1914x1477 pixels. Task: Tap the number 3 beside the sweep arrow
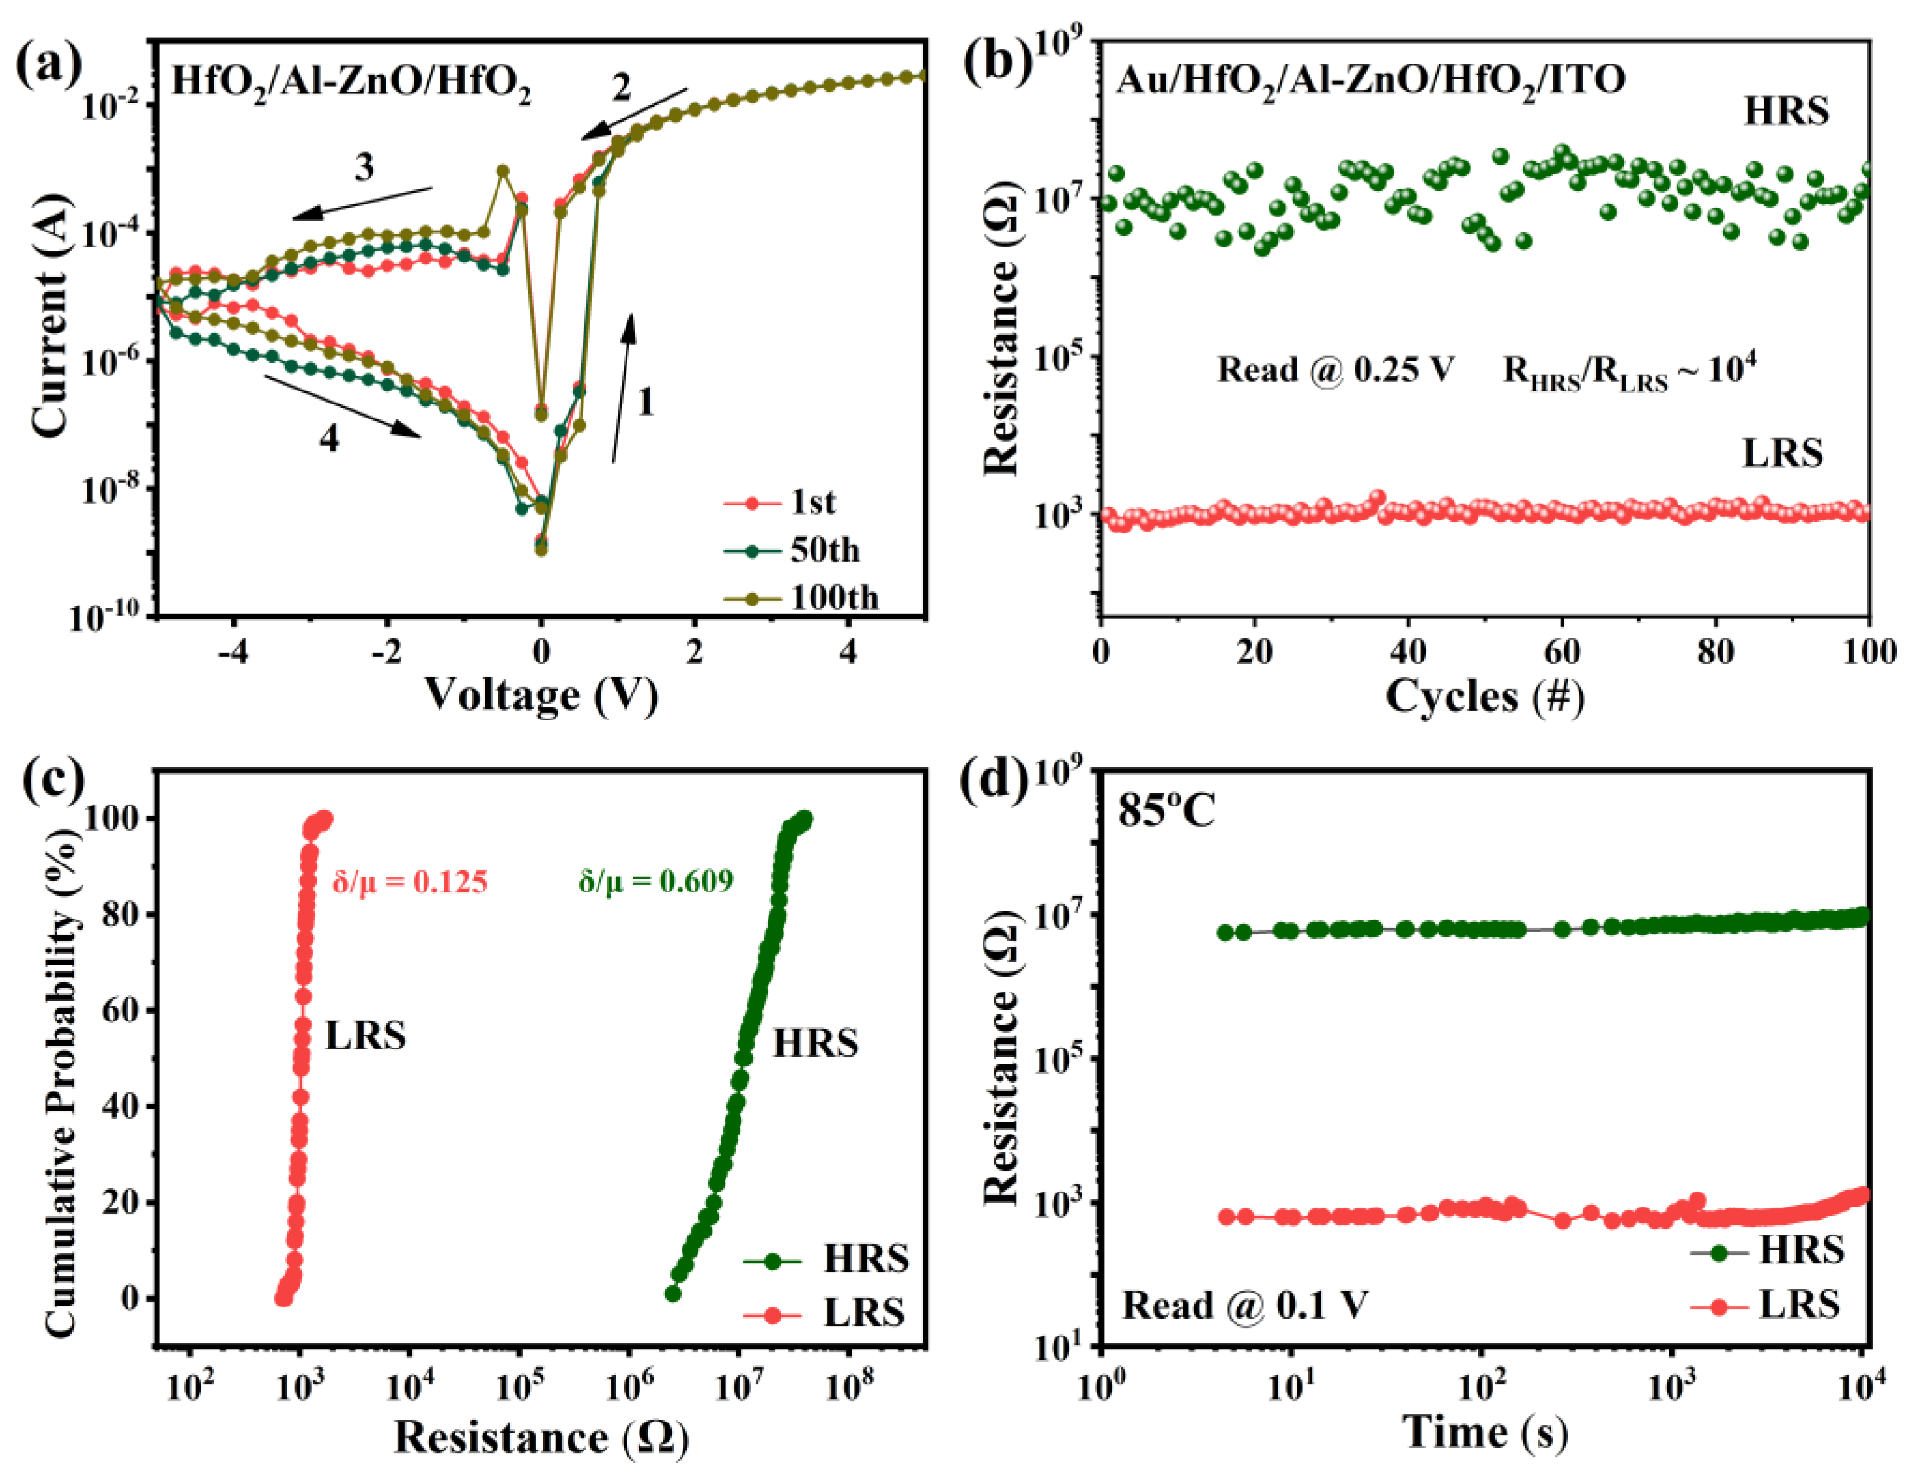pyautogui.click(x=364, y=166)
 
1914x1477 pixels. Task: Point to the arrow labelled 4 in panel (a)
pyautogui.click(x=343, y=406)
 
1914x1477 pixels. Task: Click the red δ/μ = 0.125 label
pyautogui.click(x=410, y=881)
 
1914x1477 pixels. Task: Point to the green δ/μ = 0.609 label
pyautogui.click(x=655, y=881)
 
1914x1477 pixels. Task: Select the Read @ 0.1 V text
pyautogui.click(x=1244, y=1305)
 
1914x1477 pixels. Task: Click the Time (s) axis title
pyautogui.click(x=1485, y=1432)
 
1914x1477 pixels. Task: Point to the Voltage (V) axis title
pyautogui.click(x=541, y=697)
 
